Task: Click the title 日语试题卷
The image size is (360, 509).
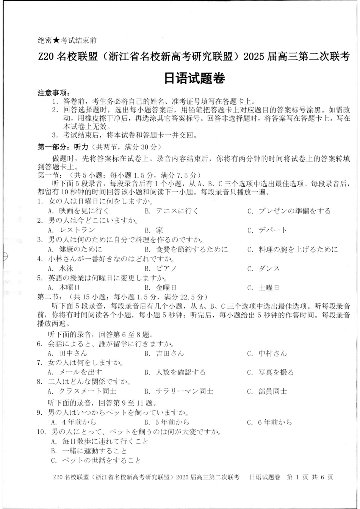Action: coord(195,79)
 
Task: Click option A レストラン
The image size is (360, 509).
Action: coord(71,230)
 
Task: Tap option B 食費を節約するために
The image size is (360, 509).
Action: coord(186,249)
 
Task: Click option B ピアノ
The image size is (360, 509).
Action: coord(161,269)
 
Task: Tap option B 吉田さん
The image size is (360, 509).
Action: coord(164,353)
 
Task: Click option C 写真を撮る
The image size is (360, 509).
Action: coord(270,372)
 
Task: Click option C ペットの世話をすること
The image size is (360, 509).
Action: coord(96,461)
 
